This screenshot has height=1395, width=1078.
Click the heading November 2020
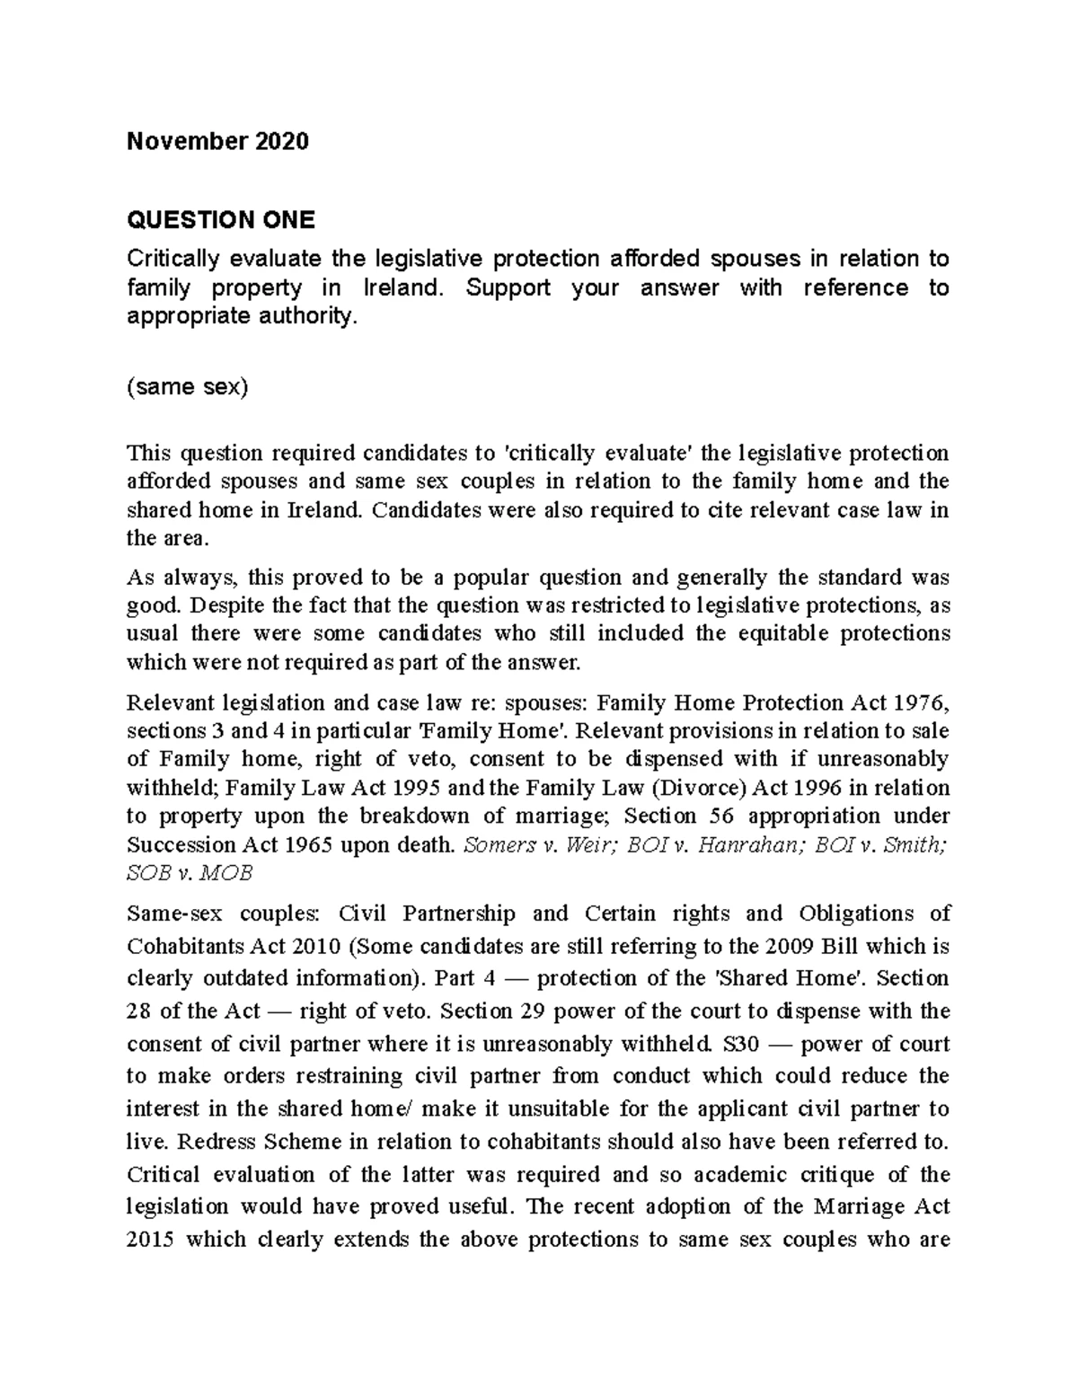tap(217, 142)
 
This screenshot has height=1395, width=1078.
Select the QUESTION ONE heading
tap(220, 220)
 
